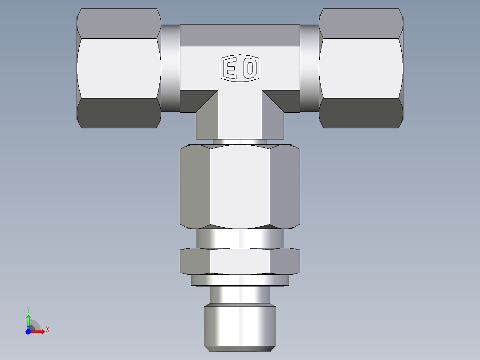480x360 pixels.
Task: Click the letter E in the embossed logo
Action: point(230,69)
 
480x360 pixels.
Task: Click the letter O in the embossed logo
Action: point(250,69)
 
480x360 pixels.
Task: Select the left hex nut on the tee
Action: point(119,68)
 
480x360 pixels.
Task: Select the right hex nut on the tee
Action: point(361,68)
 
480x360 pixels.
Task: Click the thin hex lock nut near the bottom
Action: point(240,261)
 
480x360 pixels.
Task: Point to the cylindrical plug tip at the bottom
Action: point(240,325)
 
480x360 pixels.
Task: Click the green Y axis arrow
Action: point(28,319)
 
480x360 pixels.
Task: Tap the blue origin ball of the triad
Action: point(28,331)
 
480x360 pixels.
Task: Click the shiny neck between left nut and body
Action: point(170,68)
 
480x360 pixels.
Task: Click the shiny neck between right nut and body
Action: point(309,68)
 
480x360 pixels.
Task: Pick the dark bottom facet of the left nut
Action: point(119,113)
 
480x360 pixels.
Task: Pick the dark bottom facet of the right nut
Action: point(361,113)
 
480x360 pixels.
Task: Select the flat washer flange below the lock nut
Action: point(240,280)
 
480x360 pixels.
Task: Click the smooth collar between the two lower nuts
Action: point(240,238)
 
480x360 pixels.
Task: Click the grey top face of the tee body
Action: point(240,35)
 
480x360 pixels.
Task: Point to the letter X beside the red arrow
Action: point(47,330)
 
